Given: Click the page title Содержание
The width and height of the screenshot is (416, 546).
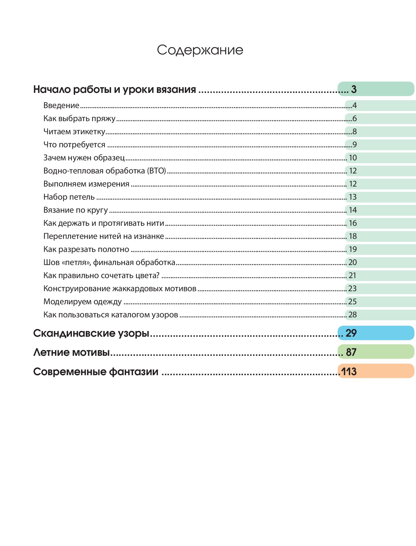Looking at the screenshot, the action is coord(200,50).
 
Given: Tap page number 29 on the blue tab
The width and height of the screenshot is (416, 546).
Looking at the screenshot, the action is coord(351,333).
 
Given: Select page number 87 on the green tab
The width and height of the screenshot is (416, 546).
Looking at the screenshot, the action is coord(351,352).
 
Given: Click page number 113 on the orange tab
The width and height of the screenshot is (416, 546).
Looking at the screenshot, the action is coord(349,371).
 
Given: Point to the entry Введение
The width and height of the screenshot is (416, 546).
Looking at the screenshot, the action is coord(61,105).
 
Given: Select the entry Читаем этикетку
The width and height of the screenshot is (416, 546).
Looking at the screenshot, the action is coord(74,132).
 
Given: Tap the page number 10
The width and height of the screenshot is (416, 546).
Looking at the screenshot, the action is coord(353,158).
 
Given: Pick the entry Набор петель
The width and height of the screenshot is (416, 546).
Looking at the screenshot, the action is coord(69,197).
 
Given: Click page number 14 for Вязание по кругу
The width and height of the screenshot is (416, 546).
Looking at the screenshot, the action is coord(353,210).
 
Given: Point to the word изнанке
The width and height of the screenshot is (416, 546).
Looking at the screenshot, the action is coord(149,236).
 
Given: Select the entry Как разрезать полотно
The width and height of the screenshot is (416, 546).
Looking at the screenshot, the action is coord(86,249).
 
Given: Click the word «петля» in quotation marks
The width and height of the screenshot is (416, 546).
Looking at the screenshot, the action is coord(76,263).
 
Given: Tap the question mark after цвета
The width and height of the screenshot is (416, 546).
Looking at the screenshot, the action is coord(158,275).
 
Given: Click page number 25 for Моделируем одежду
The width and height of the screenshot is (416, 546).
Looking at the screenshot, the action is coord(352,302).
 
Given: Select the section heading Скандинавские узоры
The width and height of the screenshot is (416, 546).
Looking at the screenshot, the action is coord(91,334).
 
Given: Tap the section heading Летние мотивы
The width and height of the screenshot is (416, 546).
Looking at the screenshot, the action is coord(71,352).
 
